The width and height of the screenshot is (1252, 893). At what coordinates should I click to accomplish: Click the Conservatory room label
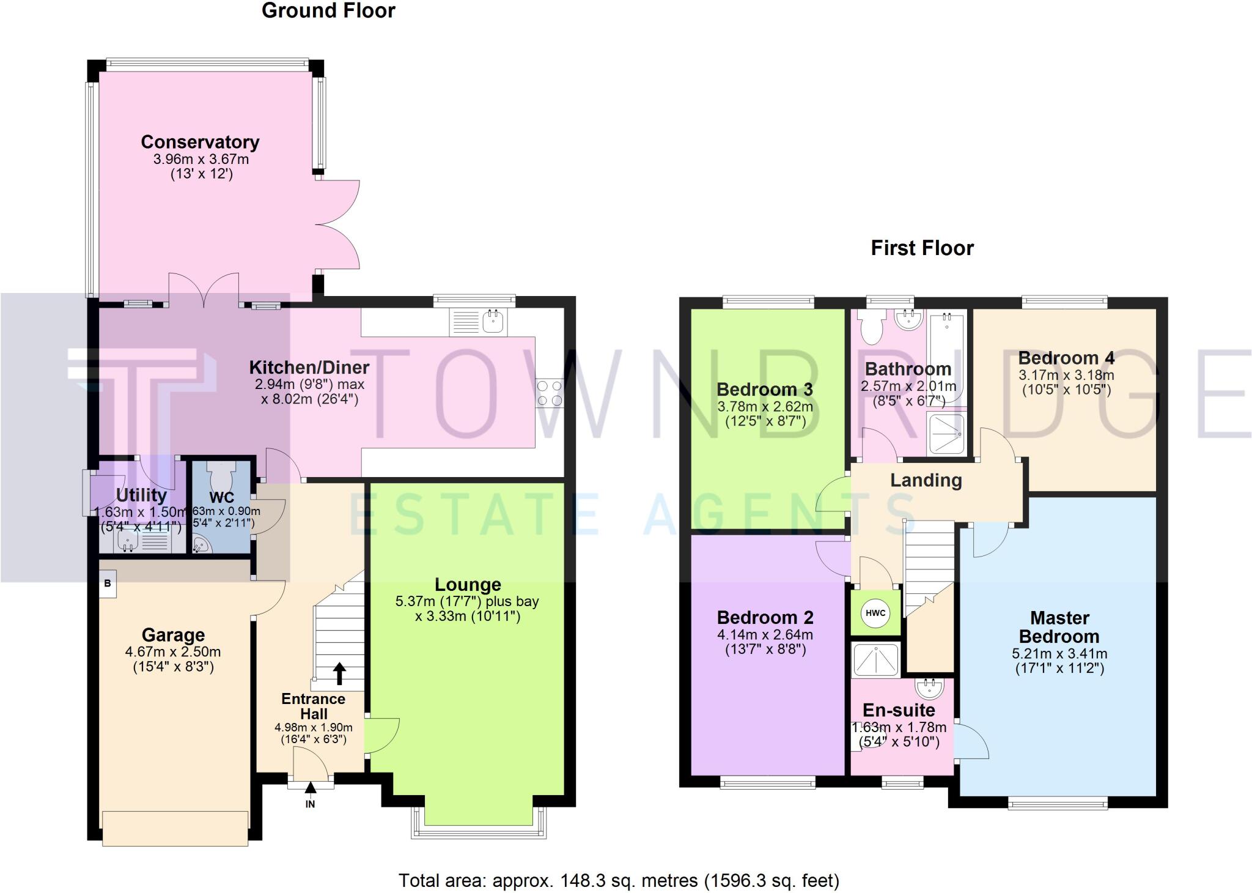click(200, 142)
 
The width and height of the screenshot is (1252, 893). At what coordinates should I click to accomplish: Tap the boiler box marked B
click(108, 583)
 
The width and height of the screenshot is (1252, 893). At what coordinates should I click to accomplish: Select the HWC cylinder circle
click(875, 613)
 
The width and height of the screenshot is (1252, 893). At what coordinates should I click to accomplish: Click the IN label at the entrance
click(310, 804)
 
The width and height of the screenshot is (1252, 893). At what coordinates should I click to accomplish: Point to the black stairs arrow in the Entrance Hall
click(339, 674)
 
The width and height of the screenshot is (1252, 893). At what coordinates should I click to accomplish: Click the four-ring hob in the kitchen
click(550, 393)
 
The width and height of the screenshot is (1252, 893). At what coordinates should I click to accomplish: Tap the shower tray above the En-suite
click(875, 659)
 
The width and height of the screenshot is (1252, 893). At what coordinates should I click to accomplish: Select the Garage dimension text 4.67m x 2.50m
click(173, 652)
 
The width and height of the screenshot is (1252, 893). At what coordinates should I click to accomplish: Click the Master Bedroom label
click(1059, 627)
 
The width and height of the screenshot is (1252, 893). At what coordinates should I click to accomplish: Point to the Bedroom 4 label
click(1066, 358)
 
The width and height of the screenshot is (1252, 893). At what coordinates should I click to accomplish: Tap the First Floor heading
click(922, 248)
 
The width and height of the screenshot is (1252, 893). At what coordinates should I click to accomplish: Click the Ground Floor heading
click(328, 10)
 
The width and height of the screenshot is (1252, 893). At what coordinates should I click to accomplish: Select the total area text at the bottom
click(619, 880)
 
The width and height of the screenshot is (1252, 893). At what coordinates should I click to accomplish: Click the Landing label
click(926, 481)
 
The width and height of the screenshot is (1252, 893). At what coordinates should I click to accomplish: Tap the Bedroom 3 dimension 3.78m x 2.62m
click(765, 407)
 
